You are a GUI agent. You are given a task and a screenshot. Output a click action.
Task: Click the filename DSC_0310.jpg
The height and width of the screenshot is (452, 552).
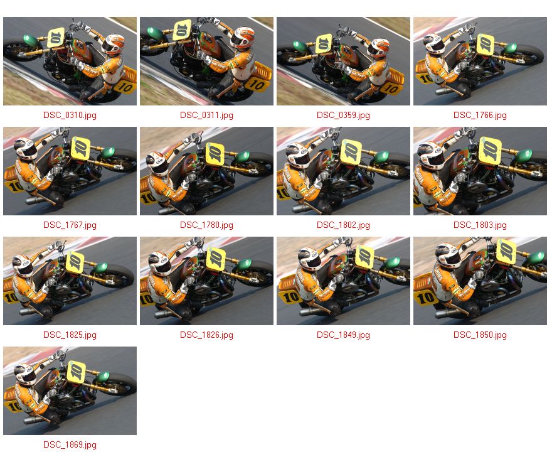pyautogui.click(x=70, y=116)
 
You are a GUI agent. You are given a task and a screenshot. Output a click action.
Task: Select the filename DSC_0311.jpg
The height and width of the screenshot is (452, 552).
pyautogui.click(x=206, y=116)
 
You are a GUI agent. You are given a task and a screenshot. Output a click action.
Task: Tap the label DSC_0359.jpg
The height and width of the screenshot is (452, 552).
pyautogui.click(x=343, y=116)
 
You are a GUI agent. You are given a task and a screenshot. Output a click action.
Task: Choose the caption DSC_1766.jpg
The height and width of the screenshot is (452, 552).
pyautogui.click(x=480, y=116)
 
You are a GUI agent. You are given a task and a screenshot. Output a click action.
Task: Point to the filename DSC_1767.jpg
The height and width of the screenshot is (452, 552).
pyautogui.click(x=70, y=225)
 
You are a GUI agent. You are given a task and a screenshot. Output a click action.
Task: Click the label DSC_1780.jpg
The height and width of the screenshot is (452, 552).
pyautogui.click(x=206, y=225)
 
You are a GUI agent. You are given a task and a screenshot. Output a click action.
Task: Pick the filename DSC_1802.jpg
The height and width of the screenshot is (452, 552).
pyautogui.click(x=343, y=225)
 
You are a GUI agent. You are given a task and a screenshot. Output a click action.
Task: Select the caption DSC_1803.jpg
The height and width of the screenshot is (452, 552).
pyautogui.click(x=480, y=225)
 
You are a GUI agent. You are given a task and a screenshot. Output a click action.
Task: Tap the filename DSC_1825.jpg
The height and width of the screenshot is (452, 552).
pyautogui.click(x=70, y=335)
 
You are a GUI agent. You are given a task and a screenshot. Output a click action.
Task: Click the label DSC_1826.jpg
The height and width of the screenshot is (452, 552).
pyautogui.click(x=206, y=335)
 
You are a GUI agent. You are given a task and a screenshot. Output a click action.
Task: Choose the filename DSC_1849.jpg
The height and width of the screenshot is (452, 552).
pyautogui.click(x=343, y=335)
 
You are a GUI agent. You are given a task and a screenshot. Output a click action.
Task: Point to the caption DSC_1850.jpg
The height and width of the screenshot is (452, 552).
pyautogui.click(x=480, y=335)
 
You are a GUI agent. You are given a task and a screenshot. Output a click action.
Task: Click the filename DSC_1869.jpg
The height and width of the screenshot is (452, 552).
pyautogui.click(x=70, y=445)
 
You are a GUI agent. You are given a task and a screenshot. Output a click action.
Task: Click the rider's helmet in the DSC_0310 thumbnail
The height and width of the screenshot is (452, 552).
pyautogui.click(x=114, y=45)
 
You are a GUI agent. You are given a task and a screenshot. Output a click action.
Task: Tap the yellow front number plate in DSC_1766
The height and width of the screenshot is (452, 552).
pyautogui.click(x=485, y=44)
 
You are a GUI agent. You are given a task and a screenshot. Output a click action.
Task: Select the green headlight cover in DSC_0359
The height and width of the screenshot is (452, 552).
pyautogui.click(x=300, y=46)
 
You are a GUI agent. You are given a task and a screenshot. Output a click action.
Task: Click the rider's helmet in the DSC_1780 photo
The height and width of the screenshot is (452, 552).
pyautogui.click(x=157, y=163)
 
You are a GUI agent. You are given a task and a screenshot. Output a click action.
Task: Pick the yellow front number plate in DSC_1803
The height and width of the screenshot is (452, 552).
pyautogui.click(x=490, y=151)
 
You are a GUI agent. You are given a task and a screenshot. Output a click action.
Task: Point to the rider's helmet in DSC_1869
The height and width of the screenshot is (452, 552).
pyautogui.click(x=25, y=375)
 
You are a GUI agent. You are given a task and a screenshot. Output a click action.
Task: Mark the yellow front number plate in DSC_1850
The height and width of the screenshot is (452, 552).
pyautogui.click(x=506, y=252)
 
